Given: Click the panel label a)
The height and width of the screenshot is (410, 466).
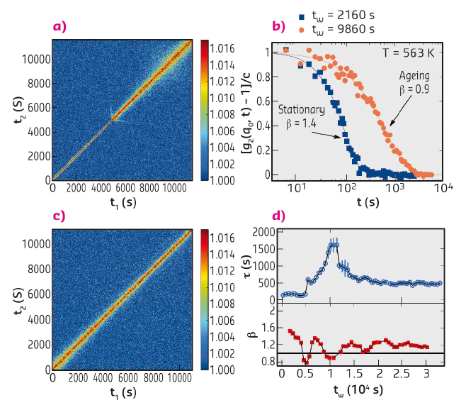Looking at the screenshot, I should coord(60,28).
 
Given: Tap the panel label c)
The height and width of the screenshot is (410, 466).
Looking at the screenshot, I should coord(60,217).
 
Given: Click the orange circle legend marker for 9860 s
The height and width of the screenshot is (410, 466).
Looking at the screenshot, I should coord(302,29).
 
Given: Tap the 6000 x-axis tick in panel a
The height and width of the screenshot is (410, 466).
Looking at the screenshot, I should coord(126,189).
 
